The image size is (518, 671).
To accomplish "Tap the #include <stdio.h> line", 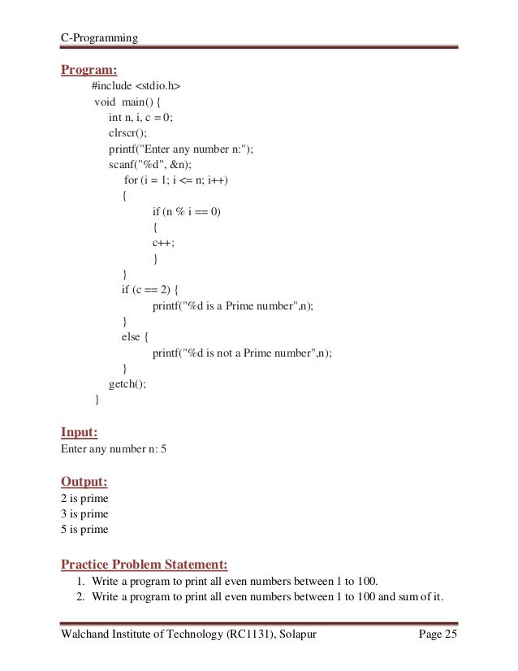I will (x=136, y=87).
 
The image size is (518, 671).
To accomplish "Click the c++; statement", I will (x=162, y=243).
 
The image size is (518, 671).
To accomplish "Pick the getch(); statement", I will (x=128, y=384).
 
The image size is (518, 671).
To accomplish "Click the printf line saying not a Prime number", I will (x=243, y=353).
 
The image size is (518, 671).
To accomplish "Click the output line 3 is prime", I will (x=84, y=514).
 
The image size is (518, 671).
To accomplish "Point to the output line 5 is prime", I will (x=84, y=530).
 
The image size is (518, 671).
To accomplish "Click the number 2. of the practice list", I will (x=82, y=599).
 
